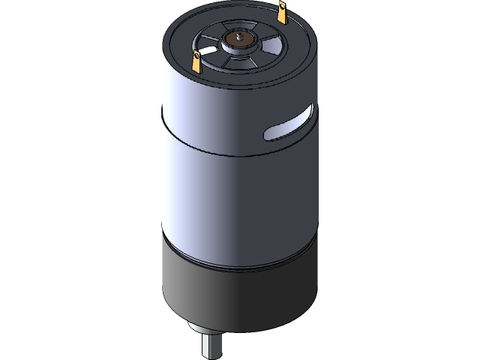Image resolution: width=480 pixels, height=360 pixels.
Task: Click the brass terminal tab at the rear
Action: (x=283, y=13)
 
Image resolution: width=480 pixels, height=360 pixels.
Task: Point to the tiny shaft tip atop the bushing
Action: (x=241, y=34)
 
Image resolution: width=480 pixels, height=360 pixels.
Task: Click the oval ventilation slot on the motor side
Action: (x=289, y=125)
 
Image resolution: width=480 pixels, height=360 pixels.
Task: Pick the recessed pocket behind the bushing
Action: (x=244, y=26)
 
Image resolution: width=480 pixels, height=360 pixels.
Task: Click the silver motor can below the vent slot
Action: (x=285, y=187)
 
